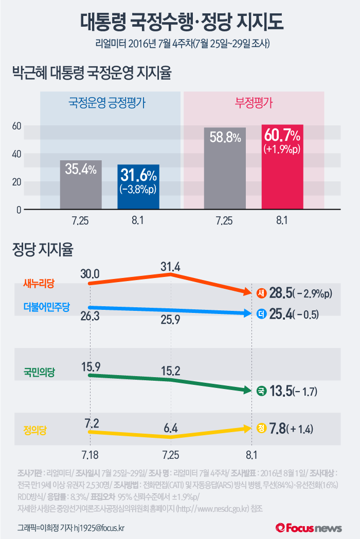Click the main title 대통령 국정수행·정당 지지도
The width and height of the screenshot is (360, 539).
pos(180,22)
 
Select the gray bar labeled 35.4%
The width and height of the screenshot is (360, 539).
pos(81,185)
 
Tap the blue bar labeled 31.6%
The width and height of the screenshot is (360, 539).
pos(138,187)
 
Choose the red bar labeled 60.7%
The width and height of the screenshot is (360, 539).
pos(282,167)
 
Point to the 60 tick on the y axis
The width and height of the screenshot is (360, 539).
pos(16,126)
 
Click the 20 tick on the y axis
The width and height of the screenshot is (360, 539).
pos(16,182)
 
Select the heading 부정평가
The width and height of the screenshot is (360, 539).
pos(254,102)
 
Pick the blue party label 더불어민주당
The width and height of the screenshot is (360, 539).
pos(46,307)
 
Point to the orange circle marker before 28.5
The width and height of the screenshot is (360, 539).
pos(261,293)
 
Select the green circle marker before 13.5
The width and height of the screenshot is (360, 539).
pos(261,392)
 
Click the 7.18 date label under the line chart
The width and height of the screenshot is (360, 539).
pos(89,455)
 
